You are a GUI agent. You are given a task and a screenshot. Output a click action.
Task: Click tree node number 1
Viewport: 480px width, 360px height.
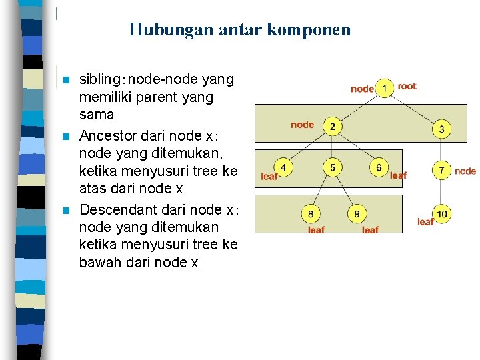384,88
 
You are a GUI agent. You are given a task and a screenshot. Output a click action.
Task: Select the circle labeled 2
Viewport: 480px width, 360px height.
331,126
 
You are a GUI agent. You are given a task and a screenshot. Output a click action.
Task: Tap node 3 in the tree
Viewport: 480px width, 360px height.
441,129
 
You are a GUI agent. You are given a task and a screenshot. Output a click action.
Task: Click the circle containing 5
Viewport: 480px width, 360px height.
332,167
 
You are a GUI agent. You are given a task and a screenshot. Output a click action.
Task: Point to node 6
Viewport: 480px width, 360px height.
379,167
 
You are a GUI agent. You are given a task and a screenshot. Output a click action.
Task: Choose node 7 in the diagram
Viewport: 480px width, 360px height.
441,171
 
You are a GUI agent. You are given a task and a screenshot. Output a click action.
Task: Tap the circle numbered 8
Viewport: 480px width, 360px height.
311,214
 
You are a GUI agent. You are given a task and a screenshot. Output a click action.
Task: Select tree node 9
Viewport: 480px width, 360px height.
357,214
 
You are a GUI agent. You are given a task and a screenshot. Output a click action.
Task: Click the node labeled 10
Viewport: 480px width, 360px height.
442,214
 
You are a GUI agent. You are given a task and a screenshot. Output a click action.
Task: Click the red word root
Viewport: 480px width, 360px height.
407,86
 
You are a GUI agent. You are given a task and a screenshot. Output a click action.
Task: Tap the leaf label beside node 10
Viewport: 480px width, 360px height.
425,222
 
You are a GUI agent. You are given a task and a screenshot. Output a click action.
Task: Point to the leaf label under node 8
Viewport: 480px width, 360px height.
316,229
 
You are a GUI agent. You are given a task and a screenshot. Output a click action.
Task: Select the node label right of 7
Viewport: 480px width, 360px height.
465,171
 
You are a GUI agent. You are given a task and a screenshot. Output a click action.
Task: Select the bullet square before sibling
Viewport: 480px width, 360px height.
65,81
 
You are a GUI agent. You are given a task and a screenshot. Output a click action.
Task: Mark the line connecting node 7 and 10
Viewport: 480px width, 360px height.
441,193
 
